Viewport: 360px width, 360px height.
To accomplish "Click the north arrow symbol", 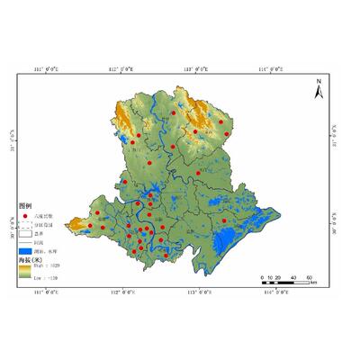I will coord(318,86).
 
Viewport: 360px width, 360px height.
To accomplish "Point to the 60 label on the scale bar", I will coord(308,276).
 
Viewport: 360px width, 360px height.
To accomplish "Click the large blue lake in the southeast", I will coord(236,240).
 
